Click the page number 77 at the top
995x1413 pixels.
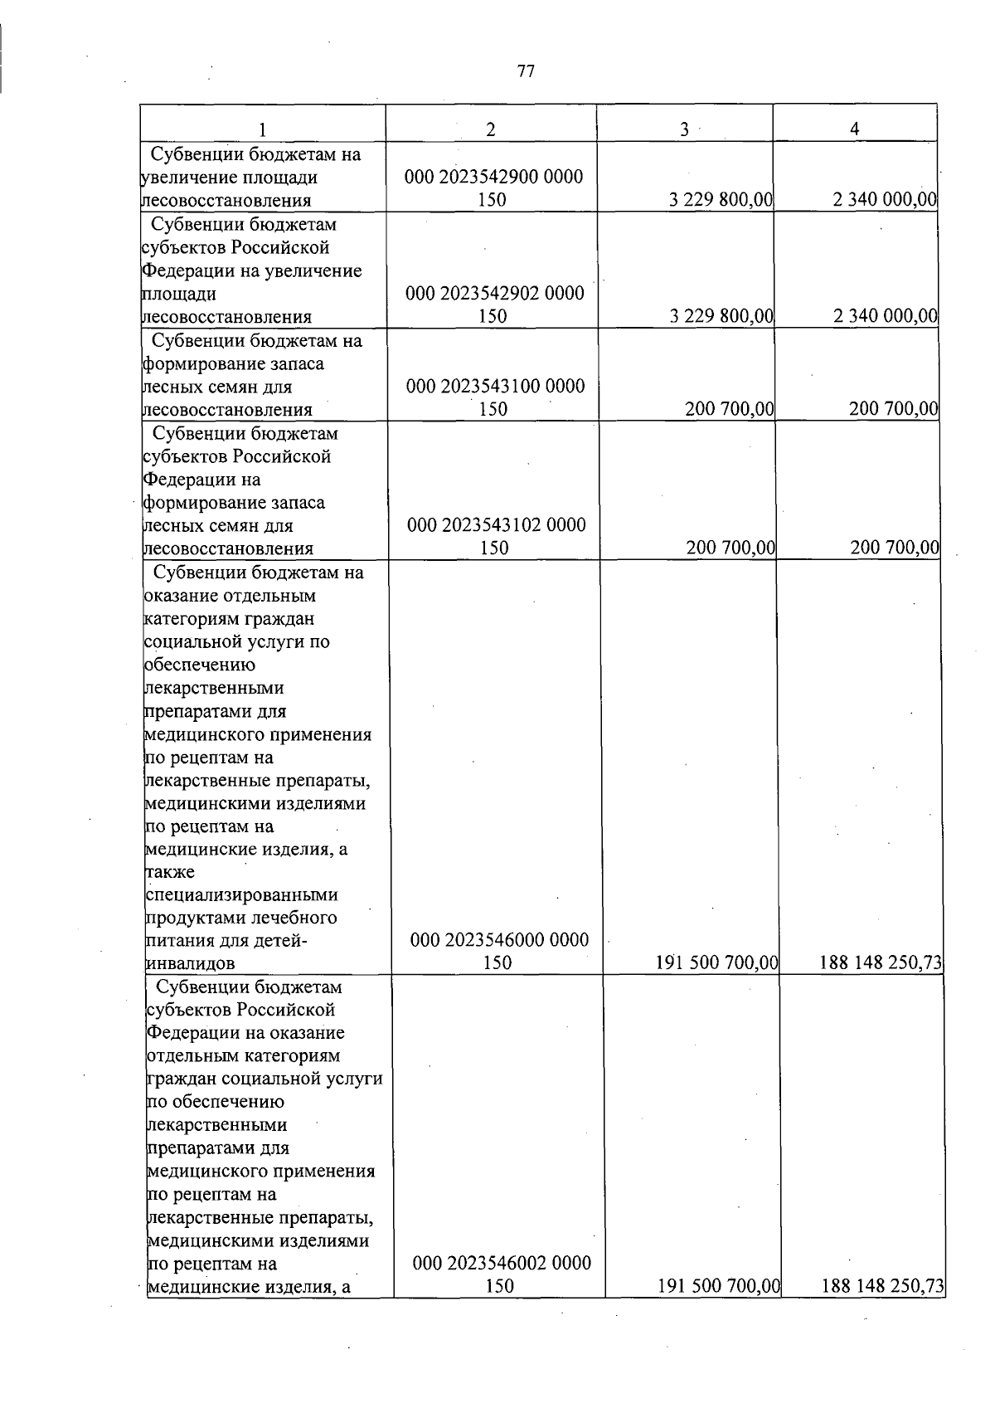tap(526, 71)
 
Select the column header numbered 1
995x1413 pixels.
tap(262, 129)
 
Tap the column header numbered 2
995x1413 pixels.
tap(491, 129)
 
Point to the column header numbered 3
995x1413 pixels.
tap(684, 129)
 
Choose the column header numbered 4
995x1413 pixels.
tap(854, 129)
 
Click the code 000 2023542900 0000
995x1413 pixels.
tap(493, 177)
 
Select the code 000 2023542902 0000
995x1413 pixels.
tap(494, 293)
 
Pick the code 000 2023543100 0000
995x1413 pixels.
tap(495, 386)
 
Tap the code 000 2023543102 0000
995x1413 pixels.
tap(496, 524)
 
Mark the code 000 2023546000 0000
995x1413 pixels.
tap(500, 940)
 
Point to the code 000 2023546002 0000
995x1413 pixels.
tap(502, 1264)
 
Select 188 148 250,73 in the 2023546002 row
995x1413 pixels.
tap(882, 1287)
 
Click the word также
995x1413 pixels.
tap(170, 872)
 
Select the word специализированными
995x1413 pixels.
tap(241, 895)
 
